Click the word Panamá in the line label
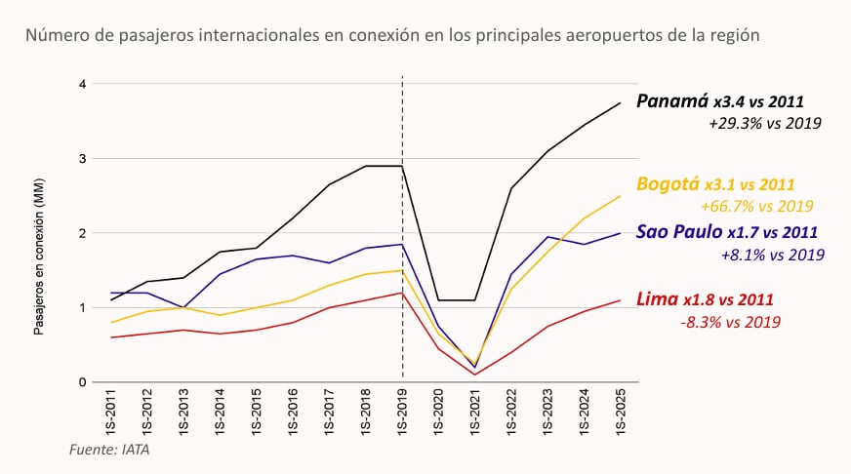[x=671, y=100]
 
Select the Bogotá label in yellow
[x=666, y=183]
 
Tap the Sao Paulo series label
[x=679, y=232]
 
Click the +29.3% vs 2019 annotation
[x=765, y=124]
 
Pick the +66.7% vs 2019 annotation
[x=757, y=206]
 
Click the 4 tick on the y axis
[x=83, y=85]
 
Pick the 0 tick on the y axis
[x=83, y=382]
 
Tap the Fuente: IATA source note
[x=109, y=450]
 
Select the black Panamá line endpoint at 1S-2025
[x=621, y=102]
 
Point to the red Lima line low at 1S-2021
[x=475, y=375]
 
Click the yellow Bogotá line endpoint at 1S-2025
[x=621, y=196]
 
